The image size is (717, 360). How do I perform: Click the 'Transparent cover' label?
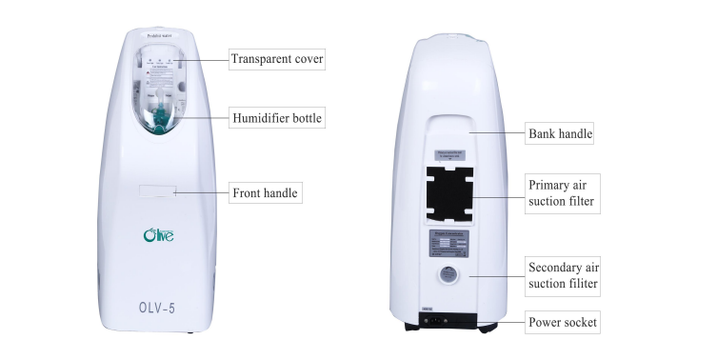point(277,59)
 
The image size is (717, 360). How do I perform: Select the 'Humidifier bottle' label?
point(277,119)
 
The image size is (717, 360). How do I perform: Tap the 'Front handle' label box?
point(266,193)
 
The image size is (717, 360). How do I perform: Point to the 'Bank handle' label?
point(560,134)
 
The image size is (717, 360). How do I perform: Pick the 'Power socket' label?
point(563,323)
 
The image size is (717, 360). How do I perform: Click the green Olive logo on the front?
point(157,233)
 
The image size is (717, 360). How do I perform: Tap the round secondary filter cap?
point(448,276)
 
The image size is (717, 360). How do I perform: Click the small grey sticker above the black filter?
point(449,154)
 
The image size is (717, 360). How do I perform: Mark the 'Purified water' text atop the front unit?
point(158,39)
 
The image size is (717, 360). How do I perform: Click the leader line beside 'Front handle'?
point(201,193)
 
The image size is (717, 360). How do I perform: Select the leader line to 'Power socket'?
point(496,323)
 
